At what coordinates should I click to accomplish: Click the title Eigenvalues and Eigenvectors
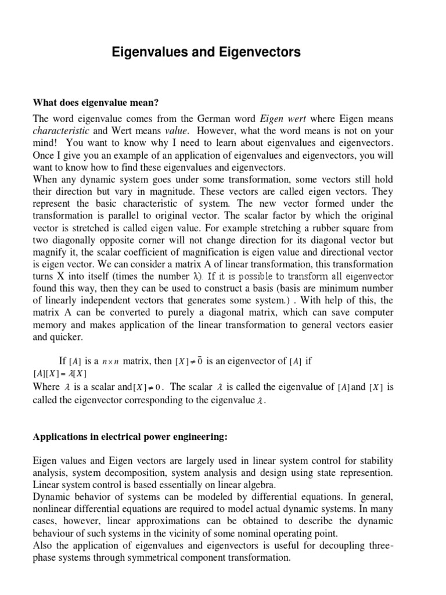click(x=206, y=53)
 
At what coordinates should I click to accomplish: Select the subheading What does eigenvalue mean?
click(x=96, y=103)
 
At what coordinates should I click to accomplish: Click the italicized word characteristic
click(x=61, y=131)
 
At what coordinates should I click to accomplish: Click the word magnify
click(x=51, y=253)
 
